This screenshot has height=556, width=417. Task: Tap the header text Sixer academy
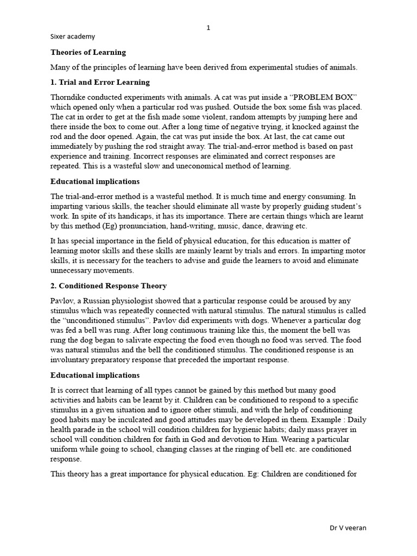(73, 36)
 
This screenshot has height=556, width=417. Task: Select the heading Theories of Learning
(88, 53)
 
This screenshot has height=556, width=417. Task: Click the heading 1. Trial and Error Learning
(100, 83)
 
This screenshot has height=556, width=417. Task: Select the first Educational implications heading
(95, 181)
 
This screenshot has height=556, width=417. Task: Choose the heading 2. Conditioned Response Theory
(109, 286)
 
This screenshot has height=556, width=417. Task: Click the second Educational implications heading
(95, 375)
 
